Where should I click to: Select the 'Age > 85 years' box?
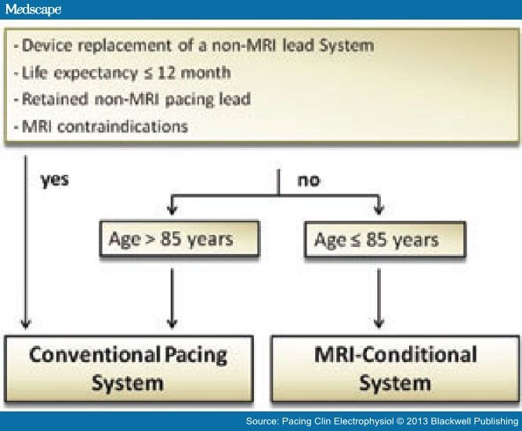[x=169, y=239]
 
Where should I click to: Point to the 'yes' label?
[x=54, y=179]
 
